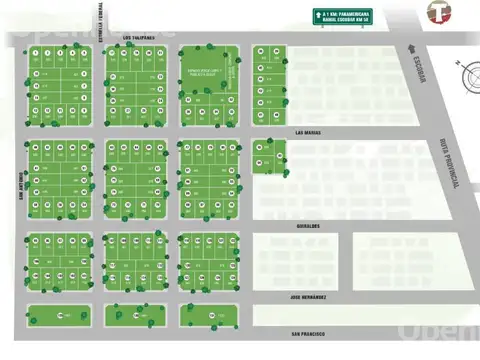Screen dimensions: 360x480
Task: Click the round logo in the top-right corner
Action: [436, 12]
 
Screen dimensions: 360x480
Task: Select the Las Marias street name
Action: [307, 131]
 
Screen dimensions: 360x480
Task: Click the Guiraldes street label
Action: [306, 226]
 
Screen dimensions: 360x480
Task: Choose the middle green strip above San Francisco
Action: [135, 315]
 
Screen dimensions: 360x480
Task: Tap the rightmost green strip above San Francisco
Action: [209, 315]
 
